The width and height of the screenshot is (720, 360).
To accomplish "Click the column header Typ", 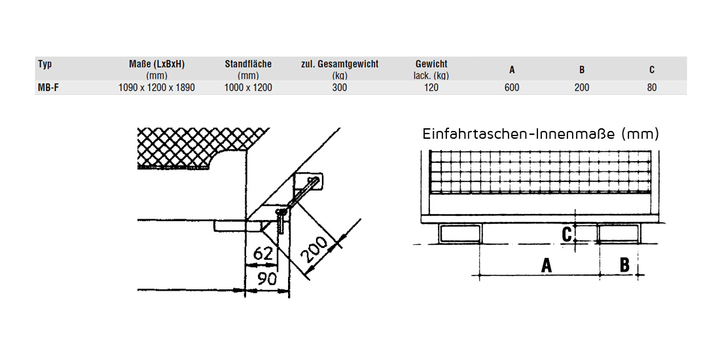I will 45,64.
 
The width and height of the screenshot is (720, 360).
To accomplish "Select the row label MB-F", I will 48,88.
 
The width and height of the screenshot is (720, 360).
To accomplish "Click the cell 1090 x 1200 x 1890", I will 157,88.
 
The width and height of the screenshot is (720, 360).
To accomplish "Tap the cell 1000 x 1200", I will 248,88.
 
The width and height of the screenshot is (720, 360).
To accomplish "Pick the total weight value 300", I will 339,88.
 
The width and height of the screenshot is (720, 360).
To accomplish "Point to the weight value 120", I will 431,88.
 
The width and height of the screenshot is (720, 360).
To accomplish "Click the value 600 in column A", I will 512,88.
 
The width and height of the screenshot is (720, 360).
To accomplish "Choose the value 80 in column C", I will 651,88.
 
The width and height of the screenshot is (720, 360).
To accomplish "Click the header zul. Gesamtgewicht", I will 339,64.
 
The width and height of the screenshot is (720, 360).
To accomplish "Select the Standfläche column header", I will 248,64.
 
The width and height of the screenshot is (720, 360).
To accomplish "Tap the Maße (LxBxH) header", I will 157,64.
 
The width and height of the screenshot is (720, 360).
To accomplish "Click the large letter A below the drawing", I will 545,265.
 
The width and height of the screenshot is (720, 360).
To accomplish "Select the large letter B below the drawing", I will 624,264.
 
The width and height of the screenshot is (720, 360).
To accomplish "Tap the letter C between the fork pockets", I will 567,232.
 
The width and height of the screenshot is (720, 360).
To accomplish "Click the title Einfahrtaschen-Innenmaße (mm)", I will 541,134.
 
